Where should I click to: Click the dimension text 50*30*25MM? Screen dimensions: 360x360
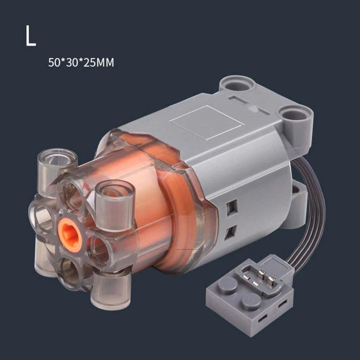[81, 62]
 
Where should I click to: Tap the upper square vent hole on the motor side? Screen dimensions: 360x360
[231, 207]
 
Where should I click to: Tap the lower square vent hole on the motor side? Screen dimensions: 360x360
[230, 232]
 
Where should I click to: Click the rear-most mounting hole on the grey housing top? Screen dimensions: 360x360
[238, 85]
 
